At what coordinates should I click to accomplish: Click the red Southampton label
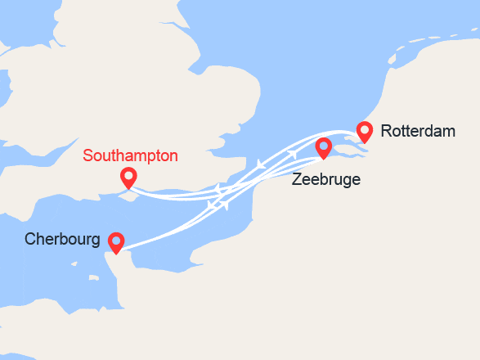(x=130, y=155)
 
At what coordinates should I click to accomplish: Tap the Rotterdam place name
(x=418, y=131)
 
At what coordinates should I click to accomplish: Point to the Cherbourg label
(x=62, y=241)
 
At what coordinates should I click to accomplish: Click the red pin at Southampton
(x=128, y=177)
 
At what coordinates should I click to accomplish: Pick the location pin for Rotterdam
(x=365, y=131)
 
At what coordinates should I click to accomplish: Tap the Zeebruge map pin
(x=324, y=148)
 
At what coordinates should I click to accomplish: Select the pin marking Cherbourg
(x=116, y=242)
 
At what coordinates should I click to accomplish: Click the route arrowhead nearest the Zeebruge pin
(x=293, y=155)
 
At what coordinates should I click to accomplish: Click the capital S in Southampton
(x=88, y=155)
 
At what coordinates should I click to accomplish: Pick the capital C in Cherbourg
(x=30, y=241)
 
